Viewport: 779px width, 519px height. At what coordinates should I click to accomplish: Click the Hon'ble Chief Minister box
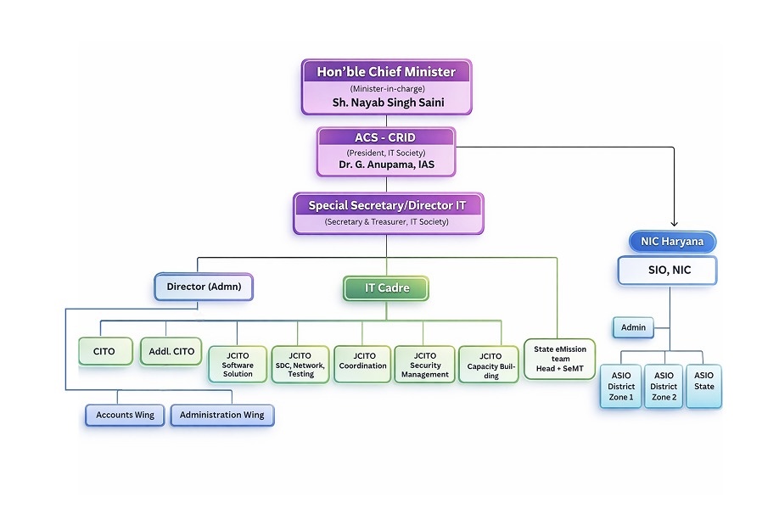386,86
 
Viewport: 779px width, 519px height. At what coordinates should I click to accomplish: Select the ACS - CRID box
386,152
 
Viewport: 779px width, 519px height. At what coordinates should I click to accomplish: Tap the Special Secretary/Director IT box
389,213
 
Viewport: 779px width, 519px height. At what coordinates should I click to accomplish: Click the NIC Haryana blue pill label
672,242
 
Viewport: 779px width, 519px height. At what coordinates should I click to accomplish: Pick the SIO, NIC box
667,271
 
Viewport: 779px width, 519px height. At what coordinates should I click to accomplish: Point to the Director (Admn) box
204,287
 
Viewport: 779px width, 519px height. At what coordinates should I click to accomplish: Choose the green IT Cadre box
386,287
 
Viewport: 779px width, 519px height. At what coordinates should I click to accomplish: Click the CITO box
105,351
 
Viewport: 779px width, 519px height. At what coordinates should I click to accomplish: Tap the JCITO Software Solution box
238,365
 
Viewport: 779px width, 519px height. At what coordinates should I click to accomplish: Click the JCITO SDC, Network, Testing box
300,365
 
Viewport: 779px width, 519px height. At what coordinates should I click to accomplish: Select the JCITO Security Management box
424,365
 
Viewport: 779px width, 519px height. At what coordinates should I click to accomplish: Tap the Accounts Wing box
125,415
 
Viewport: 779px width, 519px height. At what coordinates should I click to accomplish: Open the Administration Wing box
222,415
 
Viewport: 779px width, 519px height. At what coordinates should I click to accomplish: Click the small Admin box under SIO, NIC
633,326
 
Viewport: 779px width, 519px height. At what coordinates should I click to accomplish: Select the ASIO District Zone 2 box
664,387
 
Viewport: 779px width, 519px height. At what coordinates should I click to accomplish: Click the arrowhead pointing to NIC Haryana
673,224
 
